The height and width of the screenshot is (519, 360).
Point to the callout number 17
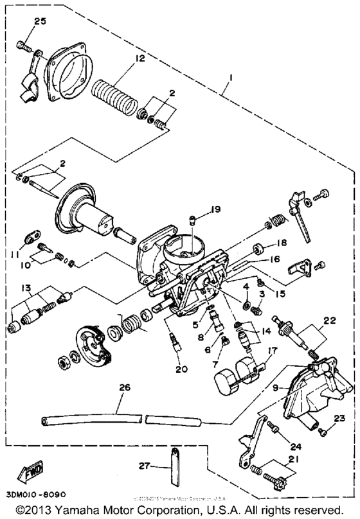click(273, 351)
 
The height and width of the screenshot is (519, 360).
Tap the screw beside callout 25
click(23, 46)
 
